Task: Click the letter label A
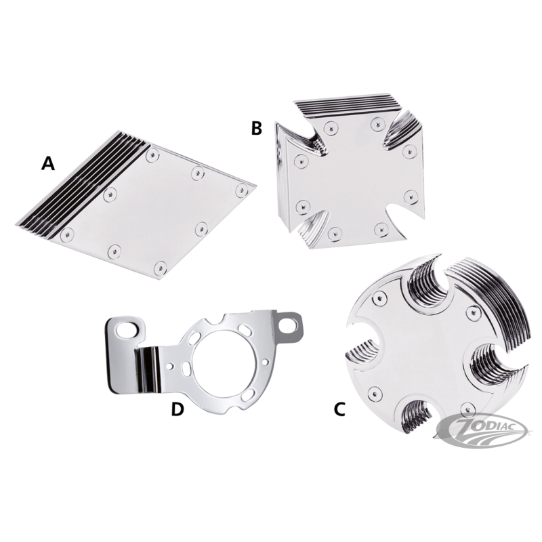click(x=47, y=163)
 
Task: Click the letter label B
click(x=257, y=128)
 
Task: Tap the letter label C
click(x=339, y=409)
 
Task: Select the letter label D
click(x=178, y=409)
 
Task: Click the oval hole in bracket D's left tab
click(x=126, y=330)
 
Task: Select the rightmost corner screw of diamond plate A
click(x=242, y=190)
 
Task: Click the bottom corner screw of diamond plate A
click(x=160, y=268)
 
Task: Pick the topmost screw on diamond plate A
click(x=152, y=155)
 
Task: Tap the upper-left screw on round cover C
click(x=379, y=298)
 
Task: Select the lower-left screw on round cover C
click(x=375, y=392)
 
